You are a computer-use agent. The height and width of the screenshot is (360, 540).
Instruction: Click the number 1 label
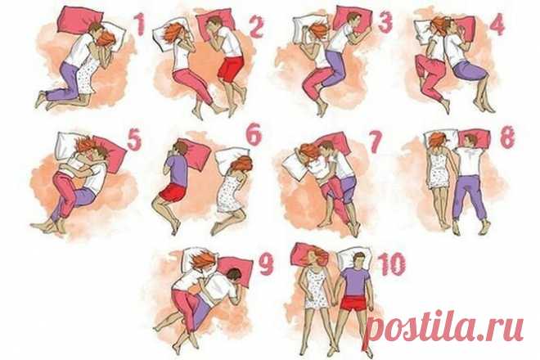click(x=139, y=24)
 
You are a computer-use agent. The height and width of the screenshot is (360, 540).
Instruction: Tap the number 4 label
click(x=497, y=24)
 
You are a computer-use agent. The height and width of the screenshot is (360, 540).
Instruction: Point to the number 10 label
click(x=392, y=264)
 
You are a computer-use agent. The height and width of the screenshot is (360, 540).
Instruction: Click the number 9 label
click(x=266, y=264)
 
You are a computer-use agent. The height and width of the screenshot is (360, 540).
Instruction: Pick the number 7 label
click(x=376, y=142)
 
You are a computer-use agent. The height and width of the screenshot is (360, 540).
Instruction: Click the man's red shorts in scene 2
click(x=230, y=69)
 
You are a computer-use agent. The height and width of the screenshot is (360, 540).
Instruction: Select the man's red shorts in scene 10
click(x=353, y=303)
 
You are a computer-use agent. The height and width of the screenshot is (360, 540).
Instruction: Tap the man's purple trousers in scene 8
click(x=469, y=196)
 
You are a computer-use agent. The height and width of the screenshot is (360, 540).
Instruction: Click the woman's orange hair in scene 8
click(x=438, y=140)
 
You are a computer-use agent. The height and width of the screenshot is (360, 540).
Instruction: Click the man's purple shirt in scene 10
click(x=356, y=281)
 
